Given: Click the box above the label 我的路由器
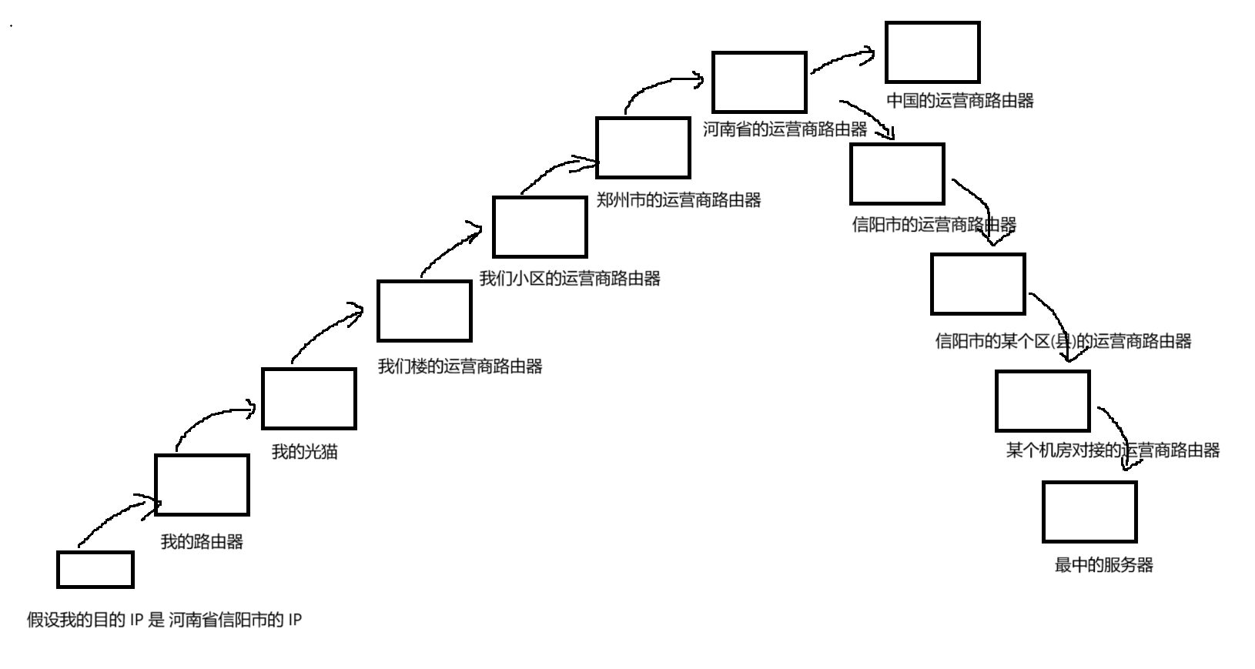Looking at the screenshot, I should pos(202,485).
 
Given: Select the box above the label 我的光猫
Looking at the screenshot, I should pos(309,399).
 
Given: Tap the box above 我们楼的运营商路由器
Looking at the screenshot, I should pos(424,311).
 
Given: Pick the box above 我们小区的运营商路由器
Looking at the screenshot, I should pos(540,227).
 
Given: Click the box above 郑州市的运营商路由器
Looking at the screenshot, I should pos(643,148).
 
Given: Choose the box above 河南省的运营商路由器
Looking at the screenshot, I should pos(759,82).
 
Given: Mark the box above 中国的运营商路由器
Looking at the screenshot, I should pos(932,52).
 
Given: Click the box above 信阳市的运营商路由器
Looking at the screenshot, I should pos(897,174).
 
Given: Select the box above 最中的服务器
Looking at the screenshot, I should pos(1089,512).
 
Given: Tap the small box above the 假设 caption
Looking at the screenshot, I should pos(95,570).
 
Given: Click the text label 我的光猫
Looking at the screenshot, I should pos(305,452).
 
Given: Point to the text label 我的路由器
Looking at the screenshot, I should pos(202,542).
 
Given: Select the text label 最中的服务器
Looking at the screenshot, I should pos(1103,565).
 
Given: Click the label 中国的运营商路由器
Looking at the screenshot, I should pos(959,101).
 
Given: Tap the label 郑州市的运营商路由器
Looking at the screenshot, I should pos(678,200).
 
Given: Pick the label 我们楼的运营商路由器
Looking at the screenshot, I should pos(460,366).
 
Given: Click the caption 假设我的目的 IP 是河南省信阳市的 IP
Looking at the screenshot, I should pos(164,620).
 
